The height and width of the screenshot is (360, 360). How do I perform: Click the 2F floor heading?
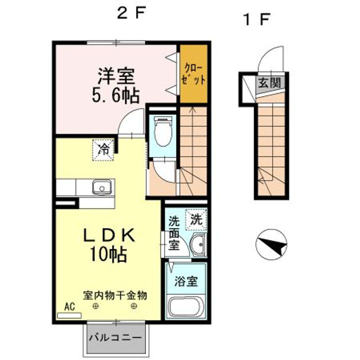[131, 13]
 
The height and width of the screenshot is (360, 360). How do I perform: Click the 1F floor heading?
[256, 19]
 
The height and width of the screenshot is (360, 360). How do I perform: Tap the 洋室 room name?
[116, 76]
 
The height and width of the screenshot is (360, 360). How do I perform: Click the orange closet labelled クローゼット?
[193, 73]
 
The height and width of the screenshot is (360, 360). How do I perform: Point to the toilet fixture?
[163, 131]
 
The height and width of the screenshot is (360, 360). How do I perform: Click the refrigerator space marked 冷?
[103, 150]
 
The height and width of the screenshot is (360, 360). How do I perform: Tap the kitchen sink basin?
[102, 186]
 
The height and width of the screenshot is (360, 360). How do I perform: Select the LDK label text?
[109, 236]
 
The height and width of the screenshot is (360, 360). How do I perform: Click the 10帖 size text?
[108, 254]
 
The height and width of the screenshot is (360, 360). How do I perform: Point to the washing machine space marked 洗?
[196, 219]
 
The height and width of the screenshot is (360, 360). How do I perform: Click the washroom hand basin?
[198, 244]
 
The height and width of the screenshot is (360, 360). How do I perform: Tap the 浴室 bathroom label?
[185, 281]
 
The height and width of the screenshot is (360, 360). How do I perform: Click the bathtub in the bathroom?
[186, 306]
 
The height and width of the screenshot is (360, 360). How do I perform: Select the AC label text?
[69, 306]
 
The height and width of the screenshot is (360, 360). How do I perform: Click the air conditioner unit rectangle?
[69, 315]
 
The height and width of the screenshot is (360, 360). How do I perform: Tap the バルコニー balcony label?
[115, 338]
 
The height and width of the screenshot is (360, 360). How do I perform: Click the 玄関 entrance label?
[269, 82]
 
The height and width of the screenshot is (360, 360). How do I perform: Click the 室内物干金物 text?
[115, 295]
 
